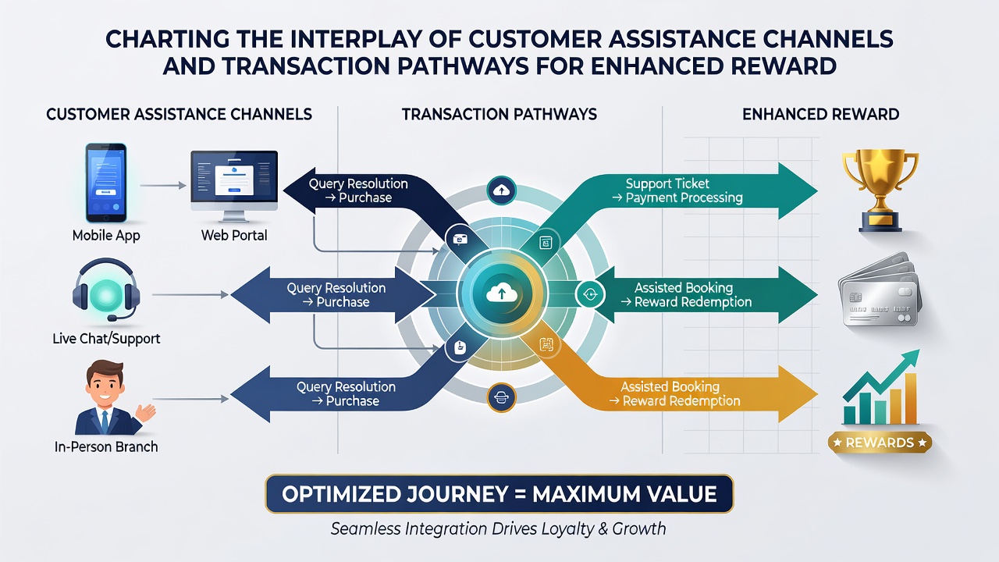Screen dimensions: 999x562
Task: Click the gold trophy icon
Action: click(880, 190)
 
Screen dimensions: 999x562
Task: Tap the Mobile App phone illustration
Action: click(106, 183)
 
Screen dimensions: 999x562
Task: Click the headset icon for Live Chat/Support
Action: click(106, 289)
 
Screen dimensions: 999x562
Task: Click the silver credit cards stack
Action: click(880, 290)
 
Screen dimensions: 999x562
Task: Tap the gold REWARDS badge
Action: click(880, 443)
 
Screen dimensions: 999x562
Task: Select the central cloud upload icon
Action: click(502, 294)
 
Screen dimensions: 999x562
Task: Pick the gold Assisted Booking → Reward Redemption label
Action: click(674, 394)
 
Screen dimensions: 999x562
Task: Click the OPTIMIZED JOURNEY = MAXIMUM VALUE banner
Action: click(499, 494)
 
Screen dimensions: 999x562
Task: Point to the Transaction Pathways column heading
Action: click(499, 114)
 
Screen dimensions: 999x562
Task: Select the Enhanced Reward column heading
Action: click(820, 114)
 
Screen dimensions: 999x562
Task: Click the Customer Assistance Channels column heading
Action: click(180, 114)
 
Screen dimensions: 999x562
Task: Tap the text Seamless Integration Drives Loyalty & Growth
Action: click(498, 529)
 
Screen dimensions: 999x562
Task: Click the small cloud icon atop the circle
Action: click(502, 191)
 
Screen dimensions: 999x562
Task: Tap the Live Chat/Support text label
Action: click(106, 339)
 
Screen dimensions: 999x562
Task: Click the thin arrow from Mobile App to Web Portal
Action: click(163, 185)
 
